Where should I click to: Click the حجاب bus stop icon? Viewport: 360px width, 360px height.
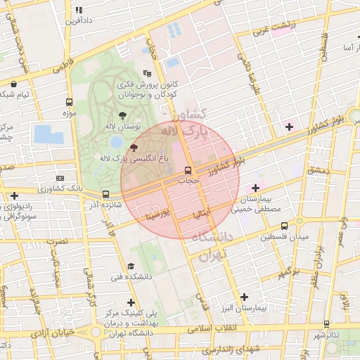point(188,170)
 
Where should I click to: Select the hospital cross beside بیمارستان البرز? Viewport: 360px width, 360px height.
point(244,297)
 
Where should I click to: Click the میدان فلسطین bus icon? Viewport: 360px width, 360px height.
point(284,226)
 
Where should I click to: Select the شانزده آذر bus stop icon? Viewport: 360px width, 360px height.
point(105,194)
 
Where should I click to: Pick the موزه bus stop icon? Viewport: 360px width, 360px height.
point(69,102)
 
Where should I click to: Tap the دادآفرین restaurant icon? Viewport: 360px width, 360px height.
point(79,11)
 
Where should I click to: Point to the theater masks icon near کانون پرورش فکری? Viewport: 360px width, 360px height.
point(147,72)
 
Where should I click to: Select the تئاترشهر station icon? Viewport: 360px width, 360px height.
point(326,323)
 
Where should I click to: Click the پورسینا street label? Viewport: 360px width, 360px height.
point(154,212)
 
